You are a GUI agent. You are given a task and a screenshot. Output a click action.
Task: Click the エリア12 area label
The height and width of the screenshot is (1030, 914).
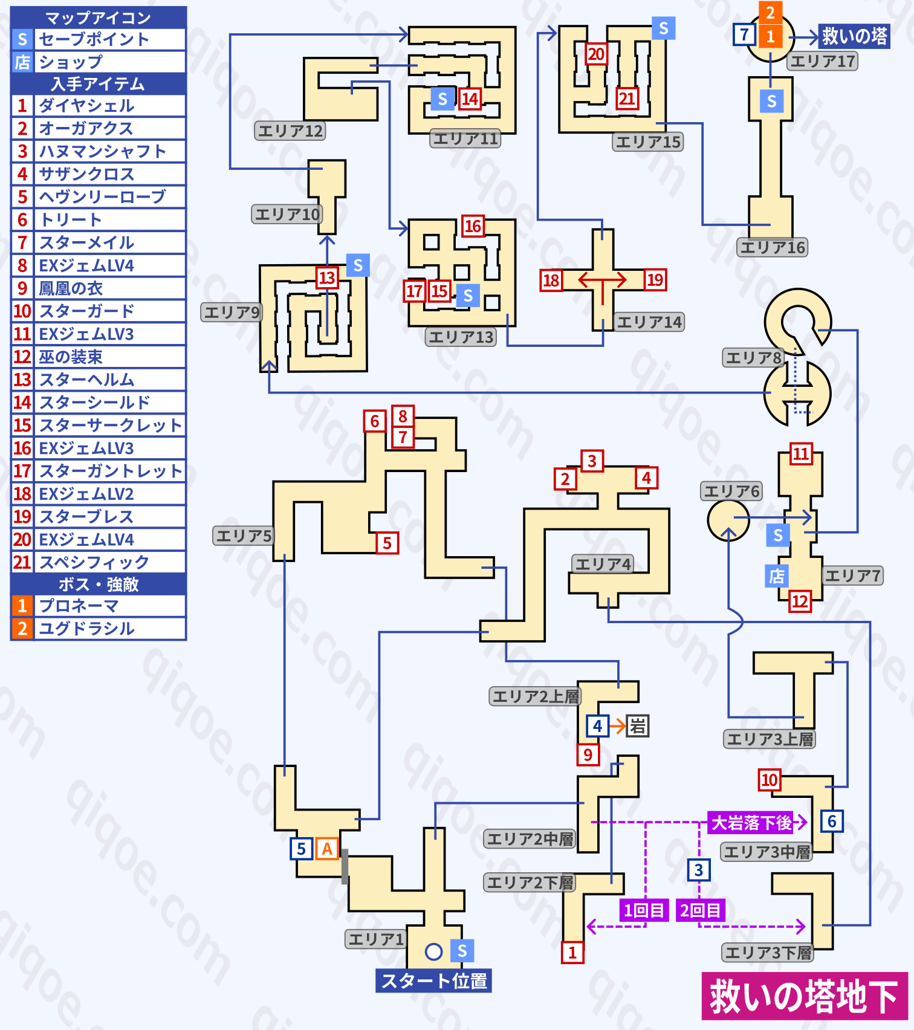point(290,131)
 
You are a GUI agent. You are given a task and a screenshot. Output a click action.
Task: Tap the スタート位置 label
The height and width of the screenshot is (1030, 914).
point(433,980)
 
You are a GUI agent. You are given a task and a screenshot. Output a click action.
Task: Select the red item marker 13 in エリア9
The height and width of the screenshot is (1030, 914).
point(327,277)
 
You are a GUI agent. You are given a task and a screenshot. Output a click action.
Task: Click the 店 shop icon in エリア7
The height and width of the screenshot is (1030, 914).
point(777,576)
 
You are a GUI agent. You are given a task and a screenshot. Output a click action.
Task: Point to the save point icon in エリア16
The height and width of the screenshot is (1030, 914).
point(771,101)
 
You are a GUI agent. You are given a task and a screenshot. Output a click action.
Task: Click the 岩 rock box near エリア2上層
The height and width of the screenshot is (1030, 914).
point(638,725)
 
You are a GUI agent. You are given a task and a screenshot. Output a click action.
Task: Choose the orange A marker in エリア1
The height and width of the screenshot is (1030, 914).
point(327,849)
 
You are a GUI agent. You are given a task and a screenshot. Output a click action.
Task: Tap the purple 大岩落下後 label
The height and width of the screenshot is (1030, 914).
point(751,823)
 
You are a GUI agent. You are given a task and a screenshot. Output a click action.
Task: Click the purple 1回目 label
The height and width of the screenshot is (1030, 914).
point(644,910)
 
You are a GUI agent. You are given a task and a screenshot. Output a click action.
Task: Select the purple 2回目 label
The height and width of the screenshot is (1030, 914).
point(701,910)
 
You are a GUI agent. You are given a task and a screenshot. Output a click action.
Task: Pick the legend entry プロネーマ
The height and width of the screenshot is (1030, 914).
point(79,606)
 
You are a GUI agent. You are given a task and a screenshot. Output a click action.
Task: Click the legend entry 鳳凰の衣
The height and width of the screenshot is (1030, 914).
point(71,288)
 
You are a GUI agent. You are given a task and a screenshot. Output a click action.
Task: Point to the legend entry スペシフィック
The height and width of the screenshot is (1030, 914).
point(94,562)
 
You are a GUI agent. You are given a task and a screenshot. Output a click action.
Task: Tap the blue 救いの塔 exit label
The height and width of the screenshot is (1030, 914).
point(854,36)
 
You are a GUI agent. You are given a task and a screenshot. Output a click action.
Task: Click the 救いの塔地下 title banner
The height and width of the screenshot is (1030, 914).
point(804,996)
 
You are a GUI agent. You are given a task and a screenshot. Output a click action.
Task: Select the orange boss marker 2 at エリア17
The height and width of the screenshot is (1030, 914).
point(770,13)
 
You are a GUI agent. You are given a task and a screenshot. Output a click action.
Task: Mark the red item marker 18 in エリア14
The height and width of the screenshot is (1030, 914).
point(551,280)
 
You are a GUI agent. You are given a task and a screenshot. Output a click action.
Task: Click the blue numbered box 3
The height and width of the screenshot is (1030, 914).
point(699,870)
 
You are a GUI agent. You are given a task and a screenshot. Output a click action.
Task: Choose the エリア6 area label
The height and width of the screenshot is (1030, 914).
point(731,491)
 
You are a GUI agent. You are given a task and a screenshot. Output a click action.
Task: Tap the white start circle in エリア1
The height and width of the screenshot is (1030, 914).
point(433,951)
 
